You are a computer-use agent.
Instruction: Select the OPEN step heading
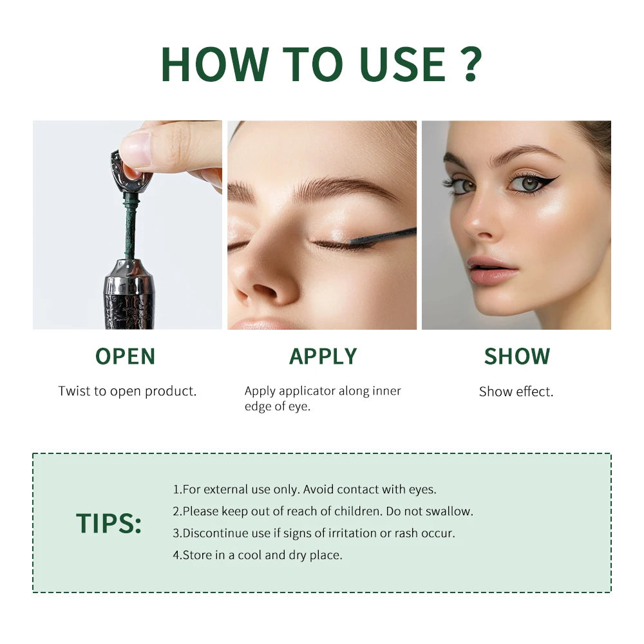[125, 356]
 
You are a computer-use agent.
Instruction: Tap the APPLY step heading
[323, 356]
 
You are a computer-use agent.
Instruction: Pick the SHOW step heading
[517, 356]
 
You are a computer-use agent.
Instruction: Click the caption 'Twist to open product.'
[128, 391]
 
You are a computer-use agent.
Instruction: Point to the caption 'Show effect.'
[516, 392]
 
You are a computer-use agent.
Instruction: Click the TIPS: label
[109, 523]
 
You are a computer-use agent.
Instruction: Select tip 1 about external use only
[305, 489]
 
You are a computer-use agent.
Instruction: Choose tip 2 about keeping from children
[323, 511]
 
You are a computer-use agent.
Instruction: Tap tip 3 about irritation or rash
[314, 533]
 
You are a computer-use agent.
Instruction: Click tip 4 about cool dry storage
[258, 555]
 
